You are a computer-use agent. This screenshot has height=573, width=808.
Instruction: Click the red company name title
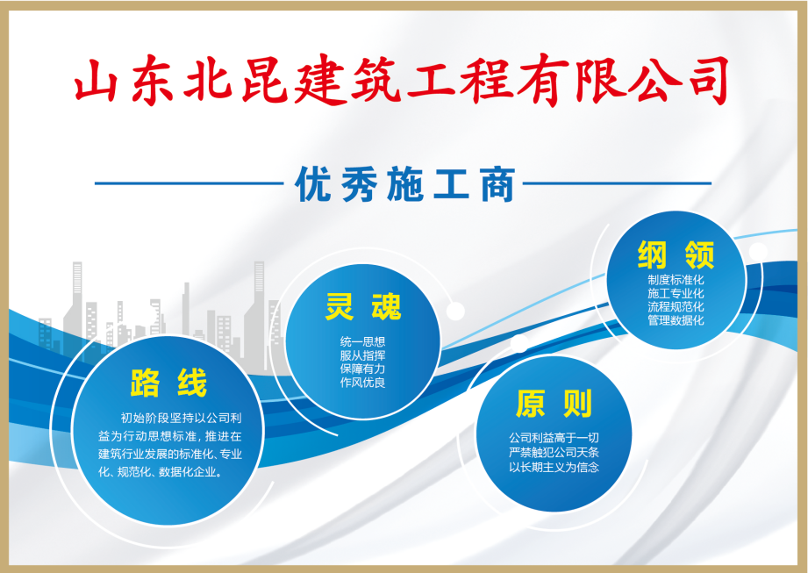(401, 80)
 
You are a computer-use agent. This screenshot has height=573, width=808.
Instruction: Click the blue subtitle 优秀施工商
(404, 184)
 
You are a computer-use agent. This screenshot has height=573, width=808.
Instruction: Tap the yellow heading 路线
(168, 383)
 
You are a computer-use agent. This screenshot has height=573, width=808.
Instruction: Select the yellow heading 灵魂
(363, 306)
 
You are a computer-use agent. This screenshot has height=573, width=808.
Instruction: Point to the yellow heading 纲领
(676, 254)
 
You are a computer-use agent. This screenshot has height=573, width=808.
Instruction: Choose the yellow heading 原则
(554, 404)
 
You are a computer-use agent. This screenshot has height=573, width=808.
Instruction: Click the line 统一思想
(363, 341)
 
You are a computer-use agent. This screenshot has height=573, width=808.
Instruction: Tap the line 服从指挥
(363, 355)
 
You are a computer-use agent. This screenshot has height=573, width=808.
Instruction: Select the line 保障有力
(363, 369)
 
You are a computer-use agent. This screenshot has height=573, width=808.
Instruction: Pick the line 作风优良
(363, 383)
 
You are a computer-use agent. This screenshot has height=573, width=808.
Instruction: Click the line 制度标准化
(676, 280)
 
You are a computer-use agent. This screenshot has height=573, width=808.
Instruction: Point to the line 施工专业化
(676, 293)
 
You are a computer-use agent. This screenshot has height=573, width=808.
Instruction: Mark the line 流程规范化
(676, 306)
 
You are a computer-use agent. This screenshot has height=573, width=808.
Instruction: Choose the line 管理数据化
(676, 320)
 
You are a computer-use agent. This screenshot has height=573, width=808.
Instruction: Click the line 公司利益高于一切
(554, 438)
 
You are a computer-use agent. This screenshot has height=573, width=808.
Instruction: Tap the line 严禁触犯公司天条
(554, 453)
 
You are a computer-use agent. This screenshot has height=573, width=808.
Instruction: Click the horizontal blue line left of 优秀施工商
(189, 183)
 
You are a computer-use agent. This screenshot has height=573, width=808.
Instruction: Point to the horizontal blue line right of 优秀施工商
(618, 183)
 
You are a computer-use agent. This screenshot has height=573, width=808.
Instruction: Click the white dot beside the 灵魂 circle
(455, 312)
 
